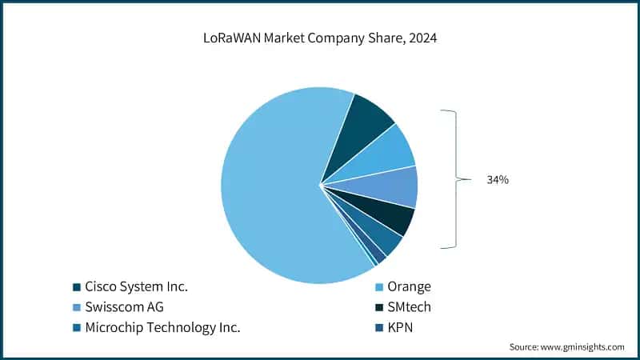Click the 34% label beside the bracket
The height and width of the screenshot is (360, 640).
click(498, 180)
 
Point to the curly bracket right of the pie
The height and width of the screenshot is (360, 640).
click(455, 180)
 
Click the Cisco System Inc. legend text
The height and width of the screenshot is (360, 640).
click(136, 286)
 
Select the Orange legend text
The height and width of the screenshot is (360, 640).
click(410, 286)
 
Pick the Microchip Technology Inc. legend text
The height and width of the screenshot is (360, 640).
click(162, 326)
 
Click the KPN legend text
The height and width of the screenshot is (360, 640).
click(401, 326)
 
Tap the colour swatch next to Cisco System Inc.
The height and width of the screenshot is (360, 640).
click(77, 286)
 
